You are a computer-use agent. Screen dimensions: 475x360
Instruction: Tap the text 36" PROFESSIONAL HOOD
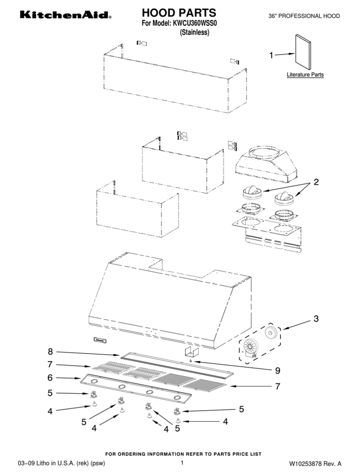pyautogui.click(x=304, y=16)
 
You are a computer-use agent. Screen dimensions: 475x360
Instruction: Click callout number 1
pyautogui.click(x=271, y=55)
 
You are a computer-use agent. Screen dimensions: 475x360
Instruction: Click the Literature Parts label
pyautogui.click(x=305, y=75)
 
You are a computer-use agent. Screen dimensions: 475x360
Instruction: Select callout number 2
pyautogui.click(x=316, y=182)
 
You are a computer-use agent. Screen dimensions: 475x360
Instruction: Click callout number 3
pyautogui.click(x=316, y=318)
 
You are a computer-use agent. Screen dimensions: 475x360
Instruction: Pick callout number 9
pyautogui.click(x=278, y=370)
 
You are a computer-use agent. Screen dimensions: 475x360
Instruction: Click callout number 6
pyautogui.click(x=50, y=378)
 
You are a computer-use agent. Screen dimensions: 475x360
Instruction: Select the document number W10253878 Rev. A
pyautogui.click(x=315, y=463)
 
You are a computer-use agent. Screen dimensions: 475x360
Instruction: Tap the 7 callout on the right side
pyautogui.click(x=278, y=386)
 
